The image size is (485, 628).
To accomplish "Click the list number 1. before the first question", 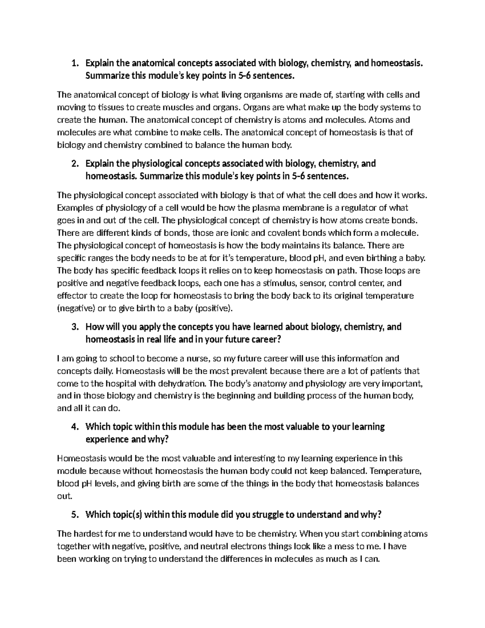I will click(74, 63).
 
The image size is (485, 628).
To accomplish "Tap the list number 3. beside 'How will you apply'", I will click(74, 327).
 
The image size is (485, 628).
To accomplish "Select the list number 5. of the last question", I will click(74, 515).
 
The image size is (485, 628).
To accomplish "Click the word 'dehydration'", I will click(183, 383).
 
